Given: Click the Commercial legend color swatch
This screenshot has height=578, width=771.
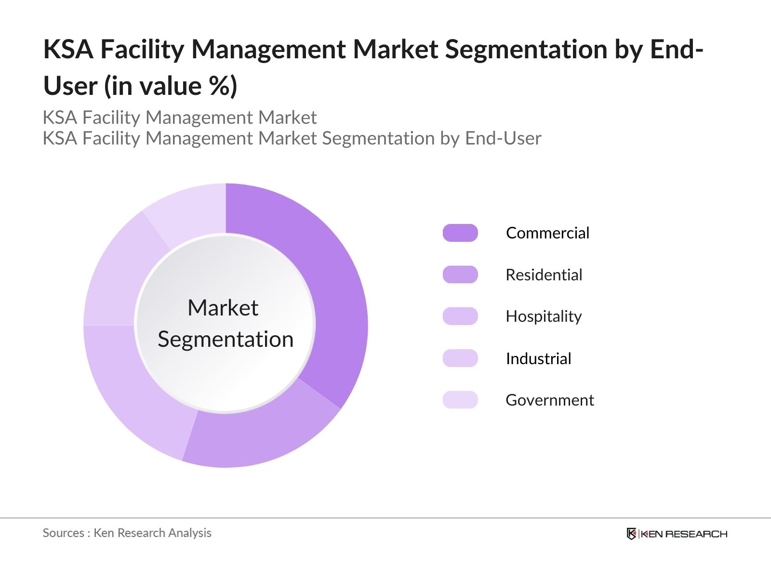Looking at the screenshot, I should click(x=460, y=233).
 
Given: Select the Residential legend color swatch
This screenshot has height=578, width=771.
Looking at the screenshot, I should click(x=460, y=275).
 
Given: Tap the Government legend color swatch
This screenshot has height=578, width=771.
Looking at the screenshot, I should click(x=460, y=400).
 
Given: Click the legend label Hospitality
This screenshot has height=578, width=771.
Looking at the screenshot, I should click(x=544, y=316).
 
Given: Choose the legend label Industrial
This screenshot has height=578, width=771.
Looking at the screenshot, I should click(x=538, y=358).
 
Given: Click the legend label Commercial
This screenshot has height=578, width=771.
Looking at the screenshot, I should click(x=547, y=233).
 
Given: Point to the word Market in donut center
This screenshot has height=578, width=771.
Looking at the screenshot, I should click(x=223, y=308).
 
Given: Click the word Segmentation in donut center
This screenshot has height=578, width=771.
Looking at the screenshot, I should click(x=226, y=339).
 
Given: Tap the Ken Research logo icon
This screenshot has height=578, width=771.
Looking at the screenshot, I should click(x=631, y=534).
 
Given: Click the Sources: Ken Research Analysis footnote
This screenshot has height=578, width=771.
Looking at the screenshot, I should click(x=127, y=533).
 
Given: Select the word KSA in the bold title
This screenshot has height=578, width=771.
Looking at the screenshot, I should click(x=68, y=49).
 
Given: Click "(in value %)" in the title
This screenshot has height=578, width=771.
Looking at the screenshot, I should click(x=171, y=86).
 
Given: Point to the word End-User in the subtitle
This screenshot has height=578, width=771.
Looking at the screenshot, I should click(x=503, y=138).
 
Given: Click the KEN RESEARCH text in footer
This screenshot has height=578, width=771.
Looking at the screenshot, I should click(x=684, y=534).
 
